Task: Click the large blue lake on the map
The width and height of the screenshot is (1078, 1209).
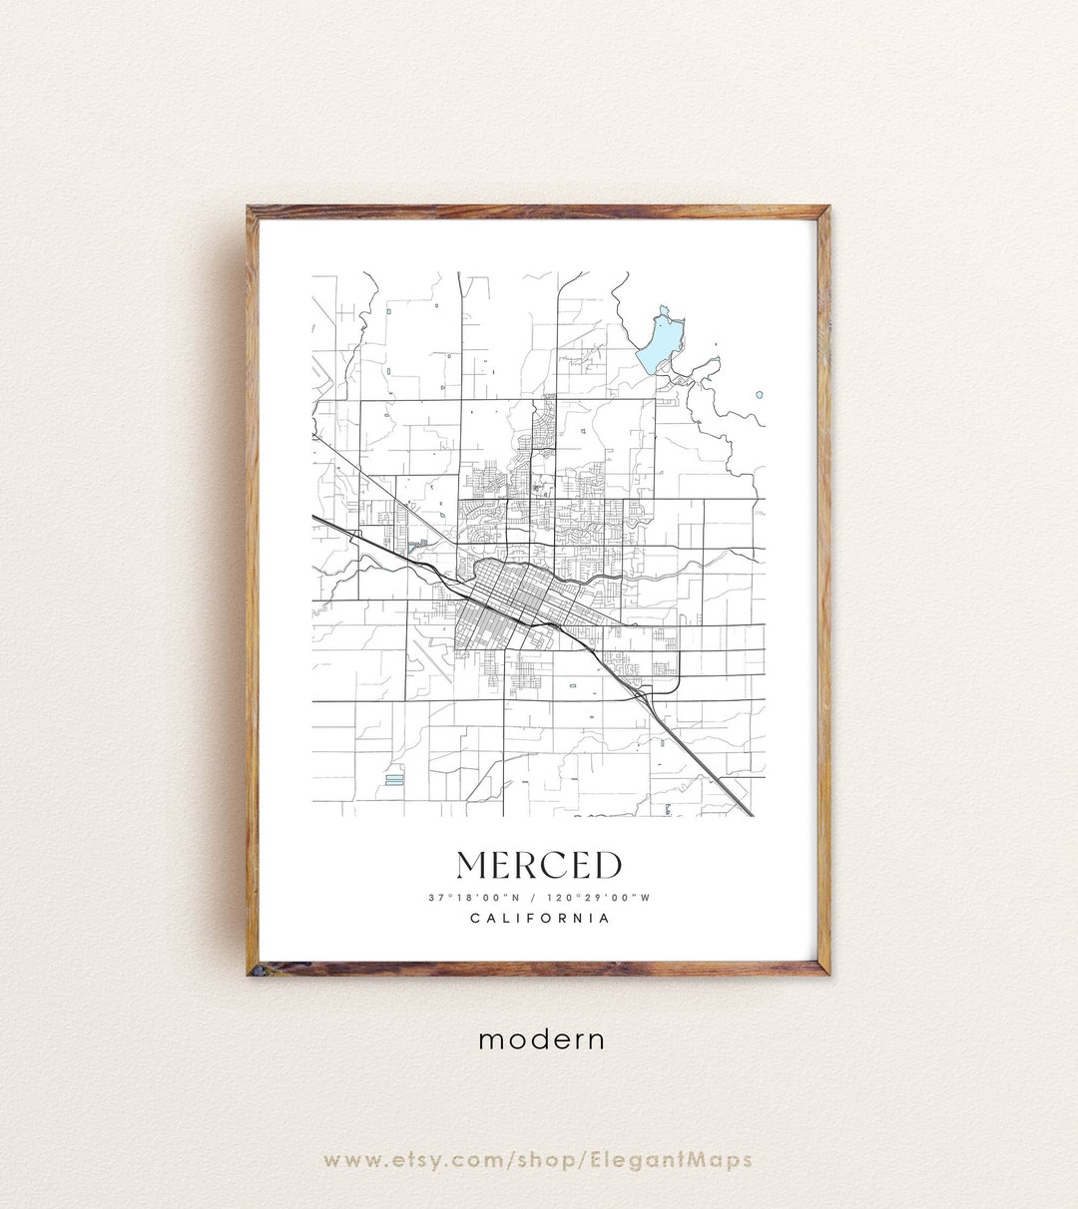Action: [x=658, y=341]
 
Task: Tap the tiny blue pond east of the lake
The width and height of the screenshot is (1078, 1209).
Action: [x=760, y=395]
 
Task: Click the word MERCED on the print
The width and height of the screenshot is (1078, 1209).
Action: [x=539, y=865]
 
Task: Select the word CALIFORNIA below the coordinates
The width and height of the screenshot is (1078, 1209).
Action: [x=539, y=919]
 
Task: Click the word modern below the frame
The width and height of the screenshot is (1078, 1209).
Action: [x=541, y=1039]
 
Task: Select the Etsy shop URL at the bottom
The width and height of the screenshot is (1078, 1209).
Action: [x=539, y=1160]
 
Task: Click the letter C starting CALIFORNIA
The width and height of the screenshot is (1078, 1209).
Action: [x=474, y=919]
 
